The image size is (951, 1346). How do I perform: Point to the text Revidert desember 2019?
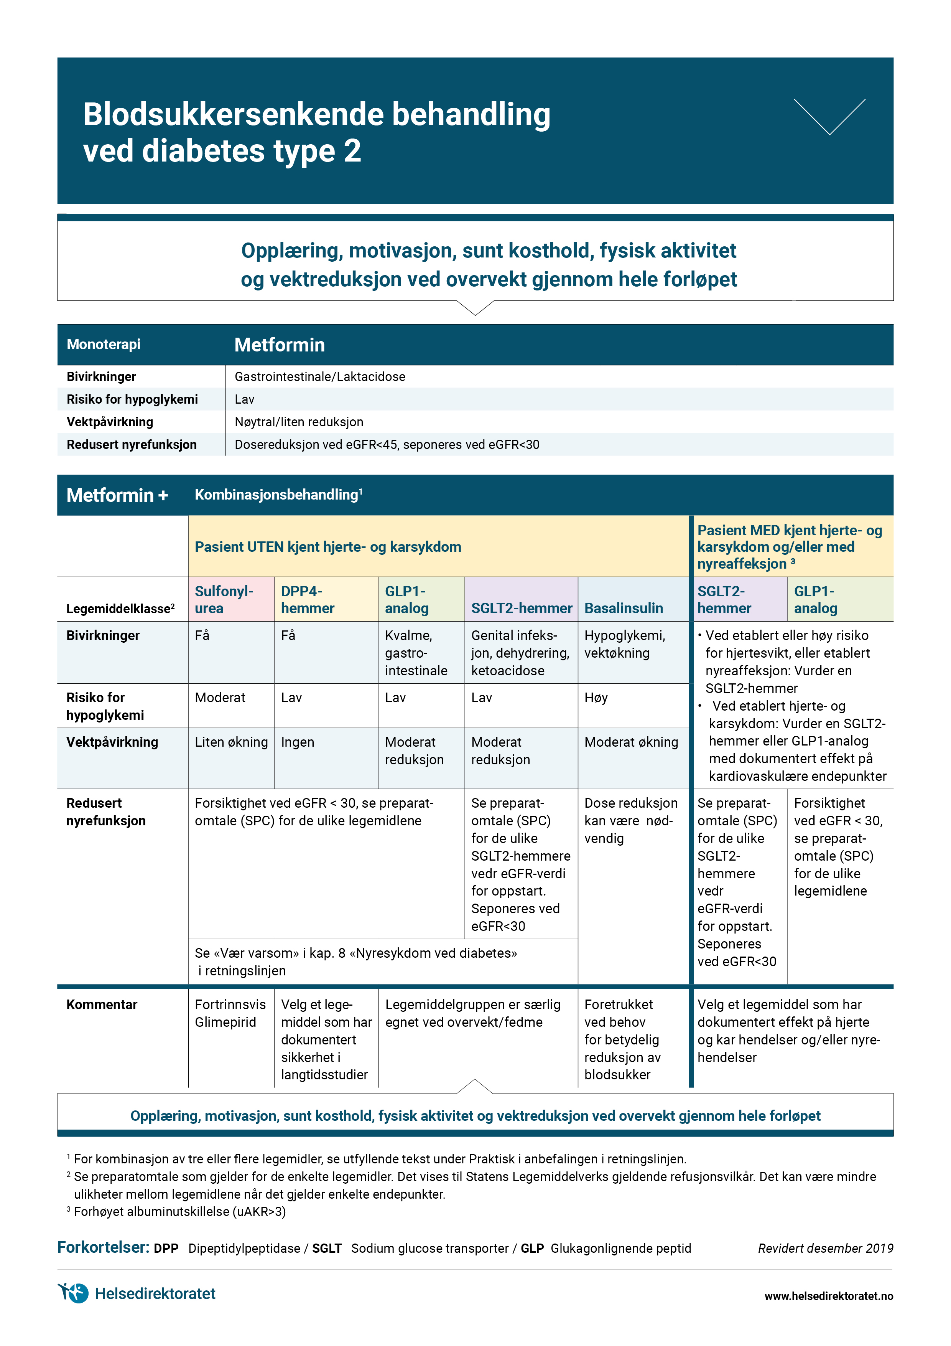[x=825, y=1248]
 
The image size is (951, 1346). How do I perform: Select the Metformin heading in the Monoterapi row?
[x=280, y=345]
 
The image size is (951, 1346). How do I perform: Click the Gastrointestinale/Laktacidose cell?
[x=320, y=376]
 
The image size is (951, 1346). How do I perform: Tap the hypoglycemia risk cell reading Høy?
[x=596, y=698]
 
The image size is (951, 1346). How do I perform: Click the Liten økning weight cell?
[x=231, y=742]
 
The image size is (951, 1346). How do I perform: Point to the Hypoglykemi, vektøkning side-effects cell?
[x=625, y=644]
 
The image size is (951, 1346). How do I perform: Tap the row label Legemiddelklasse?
[x=120, y=609]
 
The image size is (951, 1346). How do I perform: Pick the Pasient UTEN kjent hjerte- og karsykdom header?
[x=327, y=547]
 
